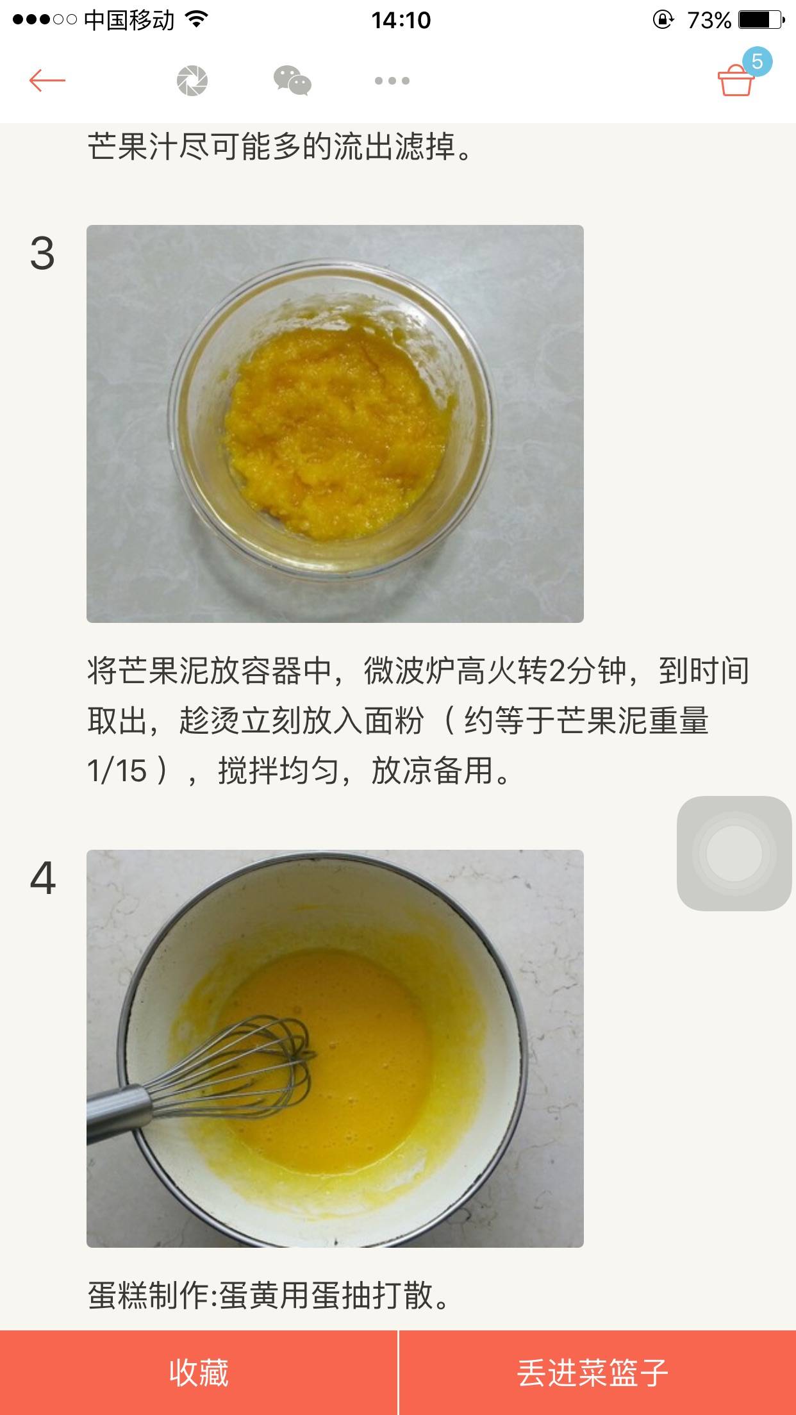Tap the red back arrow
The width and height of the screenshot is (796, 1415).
coord(47,81)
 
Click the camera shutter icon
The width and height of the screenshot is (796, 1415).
coord(192,81)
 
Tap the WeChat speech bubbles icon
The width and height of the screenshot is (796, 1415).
coord(292,81)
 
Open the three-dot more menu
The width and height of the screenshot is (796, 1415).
coord(392,81)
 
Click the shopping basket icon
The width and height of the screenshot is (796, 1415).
coord(735,82)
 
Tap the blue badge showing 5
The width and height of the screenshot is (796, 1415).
coord(757,62)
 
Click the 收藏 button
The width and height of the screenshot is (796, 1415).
coord(199,1373)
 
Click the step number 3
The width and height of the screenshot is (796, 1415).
coord(42,253)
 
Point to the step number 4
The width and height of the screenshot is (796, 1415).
coord(43,878)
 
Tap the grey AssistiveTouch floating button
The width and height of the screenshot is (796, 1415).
coord(734,853)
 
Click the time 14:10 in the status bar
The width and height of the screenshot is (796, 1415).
coord(401,21)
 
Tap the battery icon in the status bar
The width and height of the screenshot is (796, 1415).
coord(761,20)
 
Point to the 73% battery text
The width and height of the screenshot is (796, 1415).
coord(709,21)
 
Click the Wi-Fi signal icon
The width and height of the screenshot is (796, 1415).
coord(197,20)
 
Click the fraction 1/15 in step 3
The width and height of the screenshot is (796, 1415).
coord(117,771)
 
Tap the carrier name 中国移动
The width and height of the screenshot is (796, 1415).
coord(129,21)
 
